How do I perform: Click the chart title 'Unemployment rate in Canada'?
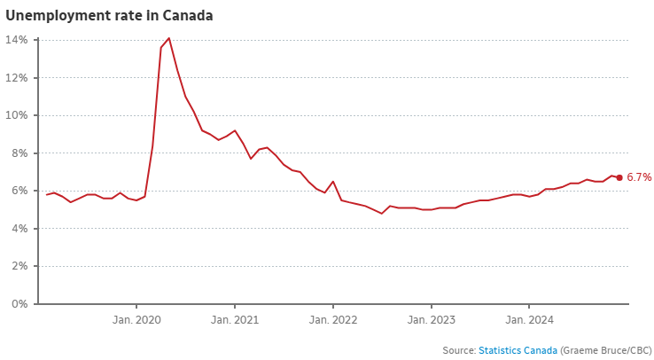coord(109,16)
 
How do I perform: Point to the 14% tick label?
coord(19,40)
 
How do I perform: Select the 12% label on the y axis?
coord(19,78)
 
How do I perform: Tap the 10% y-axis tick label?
coord(19,115)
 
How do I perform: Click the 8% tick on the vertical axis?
coord(21,153)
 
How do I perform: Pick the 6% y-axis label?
coord(21,191)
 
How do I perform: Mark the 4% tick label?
coord(21,229)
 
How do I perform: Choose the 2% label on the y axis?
coord(21,266)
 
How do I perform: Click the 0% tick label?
coord(21,304)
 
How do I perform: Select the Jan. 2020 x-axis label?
coord(136,318)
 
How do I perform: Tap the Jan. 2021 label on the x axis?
coord(235,318)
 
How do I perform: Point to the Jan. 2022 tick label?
coord(333,318)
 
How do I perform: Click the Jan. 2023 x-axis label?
coord(432,318)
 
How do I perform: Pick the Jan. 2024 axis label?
coord(529,318)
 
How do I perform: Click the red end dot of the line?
coord(619,177)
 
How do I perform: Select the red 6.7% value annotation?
coord(639,177)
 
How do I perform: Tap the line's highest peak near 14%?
coord(169,38)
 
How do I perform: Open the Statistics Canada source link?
coord(518,350)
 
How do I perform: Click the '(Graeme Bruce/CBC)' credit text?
coord(606,350)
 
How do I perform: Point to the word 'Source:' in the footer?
coord(458,350)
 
